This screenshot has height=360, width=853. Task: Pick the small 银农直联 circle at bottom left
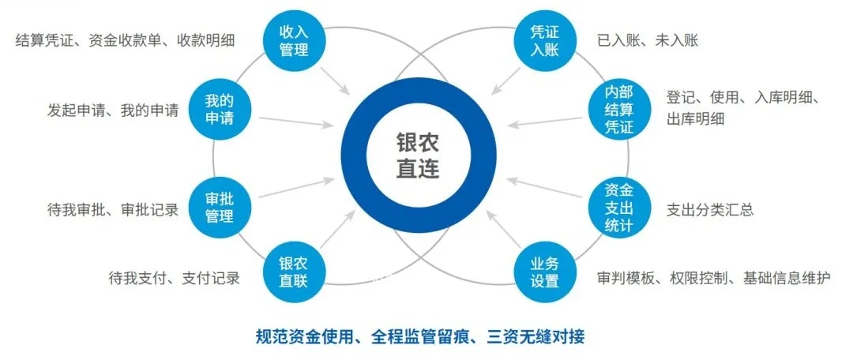coord(293,272)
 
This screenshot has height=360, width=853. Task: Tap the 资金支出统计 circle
coord(618,208)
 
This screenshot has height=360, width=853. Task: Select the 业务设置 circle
coord(544,272)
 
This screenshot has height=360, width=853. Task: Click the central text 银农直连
coord(418,155)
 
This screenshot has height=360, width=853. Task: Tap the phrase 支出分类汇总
coord(709,209)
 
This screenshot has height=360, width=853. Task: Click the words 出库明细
coord(696,119)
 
